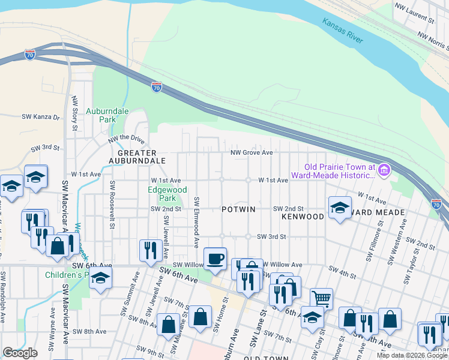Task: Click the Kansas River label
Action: click(343, 31)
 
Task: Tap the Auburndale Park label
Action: click(100, 115)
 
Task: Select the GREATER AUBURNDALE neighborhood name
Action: click(137, 157)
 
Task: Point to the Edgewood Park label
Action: click(167, 194)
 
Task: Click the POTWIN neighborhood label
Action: click(238, 209)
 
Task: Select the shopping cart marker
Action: click(322, 297)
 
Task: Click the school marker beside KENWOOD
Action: click(340, 208)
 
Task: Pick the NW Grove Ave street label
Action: click(253, 152)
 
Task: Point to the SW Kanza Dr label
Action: click(41, 117)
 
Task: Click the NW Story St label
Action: click(74, 113)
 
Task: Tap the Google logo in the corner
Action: click(20, 352)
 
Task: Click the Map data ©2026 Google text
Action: click(412, 355)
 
